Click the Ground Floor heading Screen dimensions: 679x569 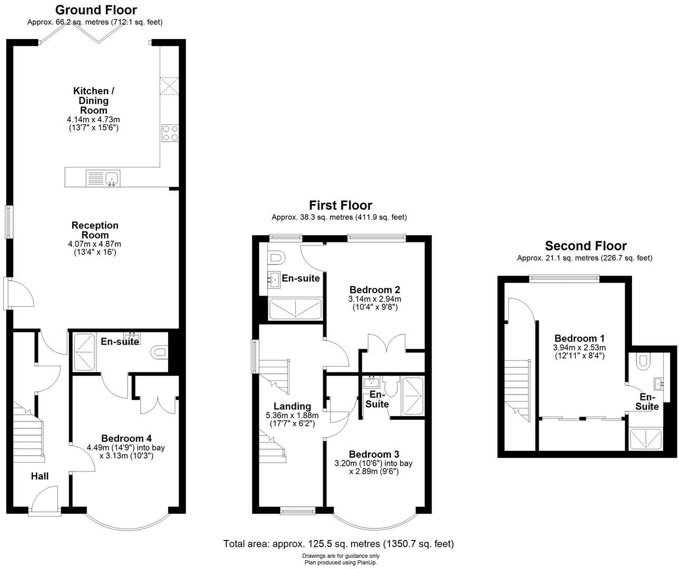[x=96, y=10]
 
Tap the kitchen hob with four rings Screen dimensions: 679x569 [x=170, y=133]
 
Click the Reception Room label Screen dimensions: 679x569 [x=95, y=230]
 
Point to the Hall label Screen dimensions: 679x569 [x=40, y=476]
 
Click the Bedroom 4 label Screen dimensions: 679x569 [x=126, y=438]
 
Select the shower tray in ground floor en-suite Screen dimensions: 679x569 [x=84, y=352]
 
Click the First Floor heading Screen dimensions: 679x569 [x=341, y=205]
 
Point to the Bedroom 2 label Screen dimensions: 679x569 [x=375, y=290]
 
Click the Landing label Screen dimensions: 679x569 [x=292, y=406]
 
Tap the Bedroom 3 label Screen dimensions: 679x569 [x=374, y=454]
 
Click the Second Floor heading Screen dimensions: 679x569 [x=586, y=246]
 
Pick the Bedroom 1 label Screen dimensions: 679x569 [x=579, y=338]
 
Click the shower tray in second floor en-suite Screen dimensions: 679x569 [x=645, y=439]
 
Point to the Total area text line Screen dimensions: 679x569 [x=338, y=544]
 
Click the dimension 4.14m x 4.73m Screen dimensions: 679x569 [x=94, y=119]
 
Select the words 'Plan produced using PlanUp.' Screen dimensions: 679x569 [x=341, y=563]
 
